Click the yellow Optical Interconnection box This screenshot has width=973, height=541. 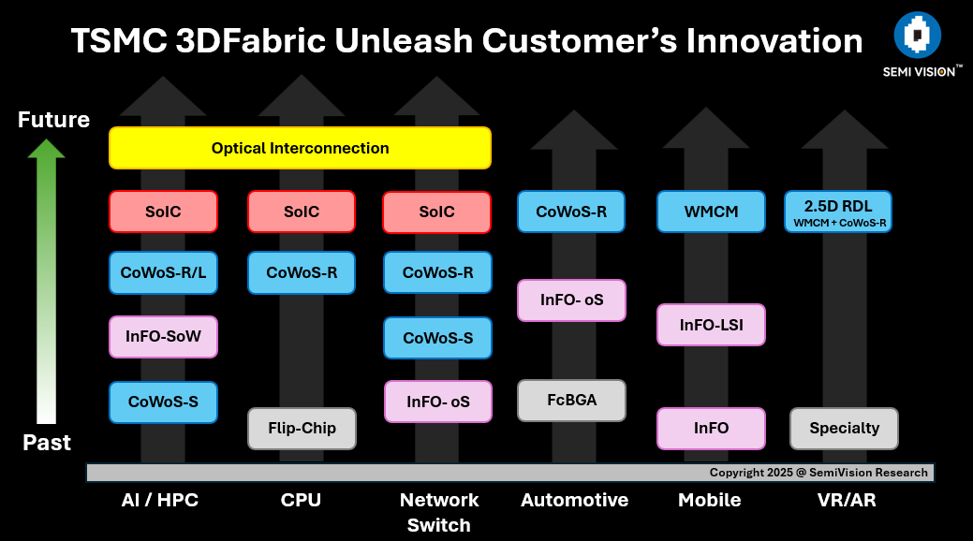pos(300,148)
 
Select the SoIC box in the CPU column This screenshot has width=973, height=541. pos(302,212)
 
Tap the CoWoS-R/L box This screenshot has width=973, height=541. pos(163,273)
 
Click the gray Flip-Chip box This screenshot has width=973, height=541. pos(302,429)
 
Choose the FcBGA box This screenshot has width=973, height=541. pos(571,401)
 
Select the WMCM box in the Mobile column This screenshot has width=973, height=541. pos(711,212)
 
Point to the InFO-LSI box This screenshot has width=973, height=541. pos(711,325)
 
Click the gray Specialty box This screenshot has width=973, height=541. pos(844,429)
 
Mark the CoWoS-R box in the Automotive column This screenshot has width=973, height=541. pos(571,212)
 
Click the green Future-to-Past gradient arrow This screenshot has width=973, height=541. pos(46,281)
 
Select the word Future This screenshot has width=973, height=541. pos(54,120)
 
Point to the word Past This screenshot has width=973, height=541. pos(47,443)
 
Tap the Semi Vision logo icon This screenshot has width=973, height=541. pos(917,36)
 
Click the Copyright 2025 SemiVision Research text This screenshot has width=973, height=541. pos(818,473)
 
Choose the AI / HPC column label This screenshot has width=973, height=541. pos(160,500)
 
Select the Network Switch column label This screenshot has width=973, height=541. pos(439,512)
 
